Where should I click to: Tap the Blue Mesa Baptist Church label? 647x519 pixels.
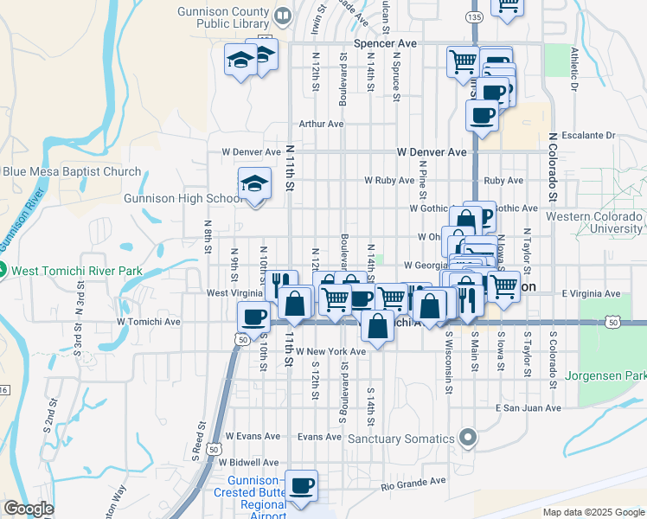click(71, 171)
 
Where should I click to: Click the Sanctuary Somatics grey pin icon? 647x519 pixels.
click(469, 439)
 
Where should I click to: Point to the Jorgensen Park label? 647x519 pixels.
click(605, 376)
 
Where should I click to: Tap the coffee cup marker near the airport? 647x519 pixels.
click(302, 485)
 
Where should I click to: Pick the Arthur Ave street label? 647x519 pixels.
click(321, 124)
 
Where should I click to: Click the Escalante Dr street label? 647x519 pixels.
click(587, 135)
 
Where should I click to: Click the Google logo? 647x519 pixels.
click(29, 509)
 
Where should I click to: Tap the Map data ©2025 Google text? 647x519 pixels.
click(593, 512)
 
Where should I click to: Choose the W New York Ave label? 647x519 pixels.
click(330, 351)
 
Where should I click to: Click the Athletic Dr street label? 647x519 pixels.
click(573, 68)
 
